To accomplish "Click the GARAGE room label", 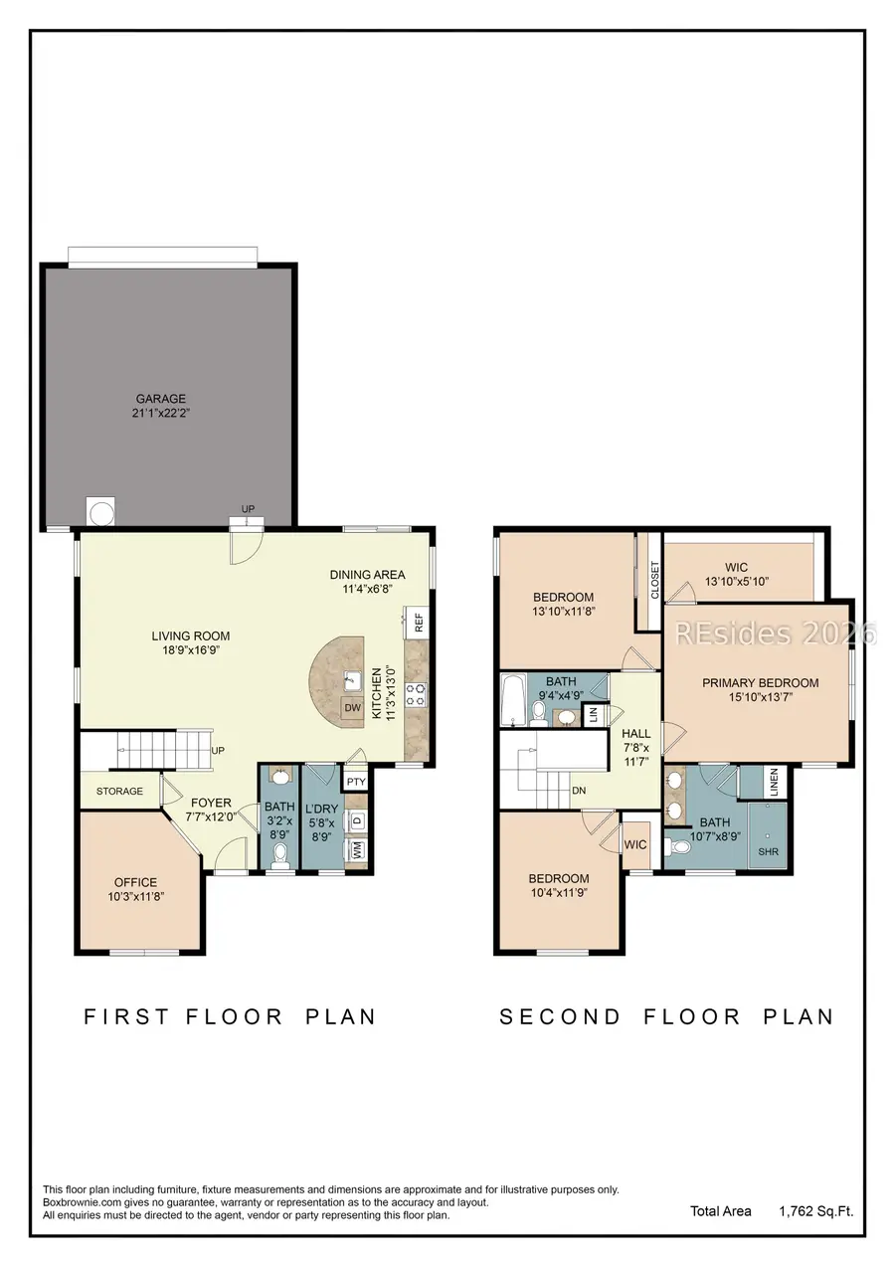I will tap(161, 399).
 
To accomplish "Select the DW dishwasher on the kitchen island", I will tap(351, 708).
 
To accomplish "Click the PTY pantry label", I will tap(356, 782).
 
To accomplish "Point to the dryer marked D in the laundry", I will tap(356, 821).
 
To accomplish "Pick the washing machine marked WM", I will tap(356, 850).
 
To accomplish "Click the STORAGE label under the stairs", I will tap(119, 792).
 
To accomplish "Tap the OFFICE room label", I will tap(135, 882).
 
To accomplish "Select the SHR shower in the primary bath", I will tap(769, 852).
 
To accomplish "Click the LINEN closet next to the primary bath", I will tap(775, 782).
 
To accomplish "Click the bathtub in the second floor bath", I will tap(513, 701).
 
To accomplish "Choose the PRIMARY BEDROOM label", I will tap(760, 683).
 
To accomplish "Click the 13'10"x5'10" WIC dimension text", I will tap(737, 582).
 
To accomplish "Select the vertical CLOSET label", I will tap(654, 580).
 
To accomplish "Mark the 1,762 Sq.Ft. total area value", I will tap(815, 1211).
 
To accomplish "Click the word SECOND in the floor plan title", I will tap(560, 1016).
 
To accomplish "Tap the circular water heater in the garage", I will tap(102, 512).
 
